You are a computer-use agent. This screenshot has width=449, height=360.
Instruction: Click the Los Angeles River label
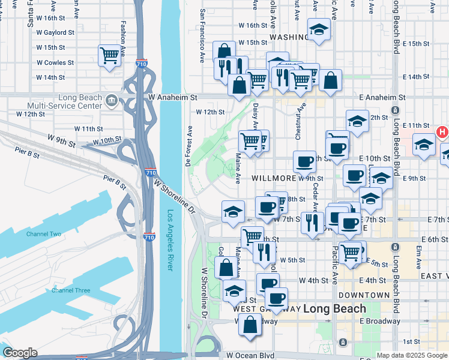(x=170, y=240)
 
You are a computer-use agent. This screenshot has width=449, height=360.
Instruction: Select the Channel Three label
(x=71, y=290)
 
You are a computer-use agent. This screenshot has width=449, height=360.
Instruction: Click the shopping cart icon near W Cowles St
(x=110, y=56)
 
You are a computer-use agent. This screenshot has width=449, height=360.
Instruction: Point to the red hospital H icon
(x=442, y=132)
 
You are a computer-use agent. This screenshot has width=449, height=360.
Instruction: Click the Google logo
(x=20, y=353)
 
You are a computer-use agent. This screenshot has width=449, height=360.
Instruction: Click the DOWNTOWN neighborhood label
(x=364, y=295)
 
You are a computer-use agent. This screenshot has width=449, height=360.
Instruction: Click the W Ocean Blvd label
(x=250, y=355)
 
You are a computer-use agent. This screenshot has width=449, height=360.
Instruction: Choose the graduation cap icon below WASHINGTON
(x=319, y=29)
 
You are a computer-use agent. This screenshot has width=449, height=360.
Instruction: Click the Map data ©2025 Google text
(x=411, y=355)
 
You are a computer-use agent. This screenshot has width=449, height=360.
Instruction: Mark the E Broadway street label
(x=380, y=321)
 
